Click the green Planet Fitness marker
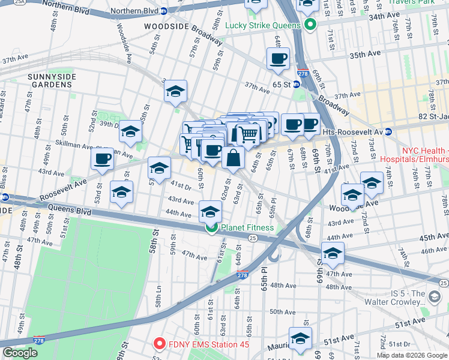click(211, 227)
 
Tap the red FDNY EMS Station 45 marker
click(159, 344)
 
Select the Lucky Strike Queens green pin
click(310, 25)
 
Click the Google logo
click(19, 353)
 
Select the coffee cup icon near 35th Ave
click(278, 59)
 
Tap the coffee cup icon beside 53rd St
click(102, 160)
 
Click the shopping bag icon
click(233, 158)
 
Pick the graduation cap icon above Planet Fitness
click(209, 212)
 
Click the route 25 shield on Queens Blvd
click(253, 238)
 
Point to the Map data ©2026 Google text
click(412, 355)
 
